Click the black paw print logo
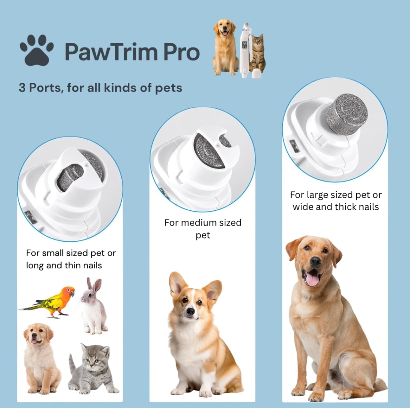pos(36,50)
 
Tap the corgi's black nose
pos(191,311)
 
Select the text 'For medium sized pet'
pos(203,228)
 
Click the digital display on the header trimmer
pos(244,45)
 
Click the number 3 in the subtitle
pos(22,88)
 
